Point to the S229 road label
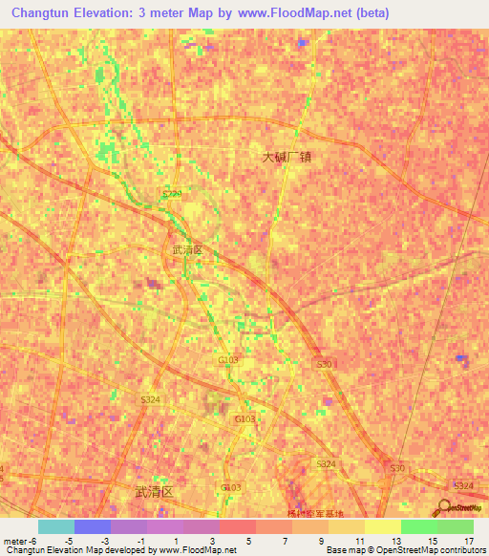[x=171, y=194]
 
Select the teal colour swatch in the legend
[x=55, y=526]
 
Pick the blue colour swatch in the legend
[x=92, y=526]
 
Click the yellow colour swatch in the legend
[x=382, y=526]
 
